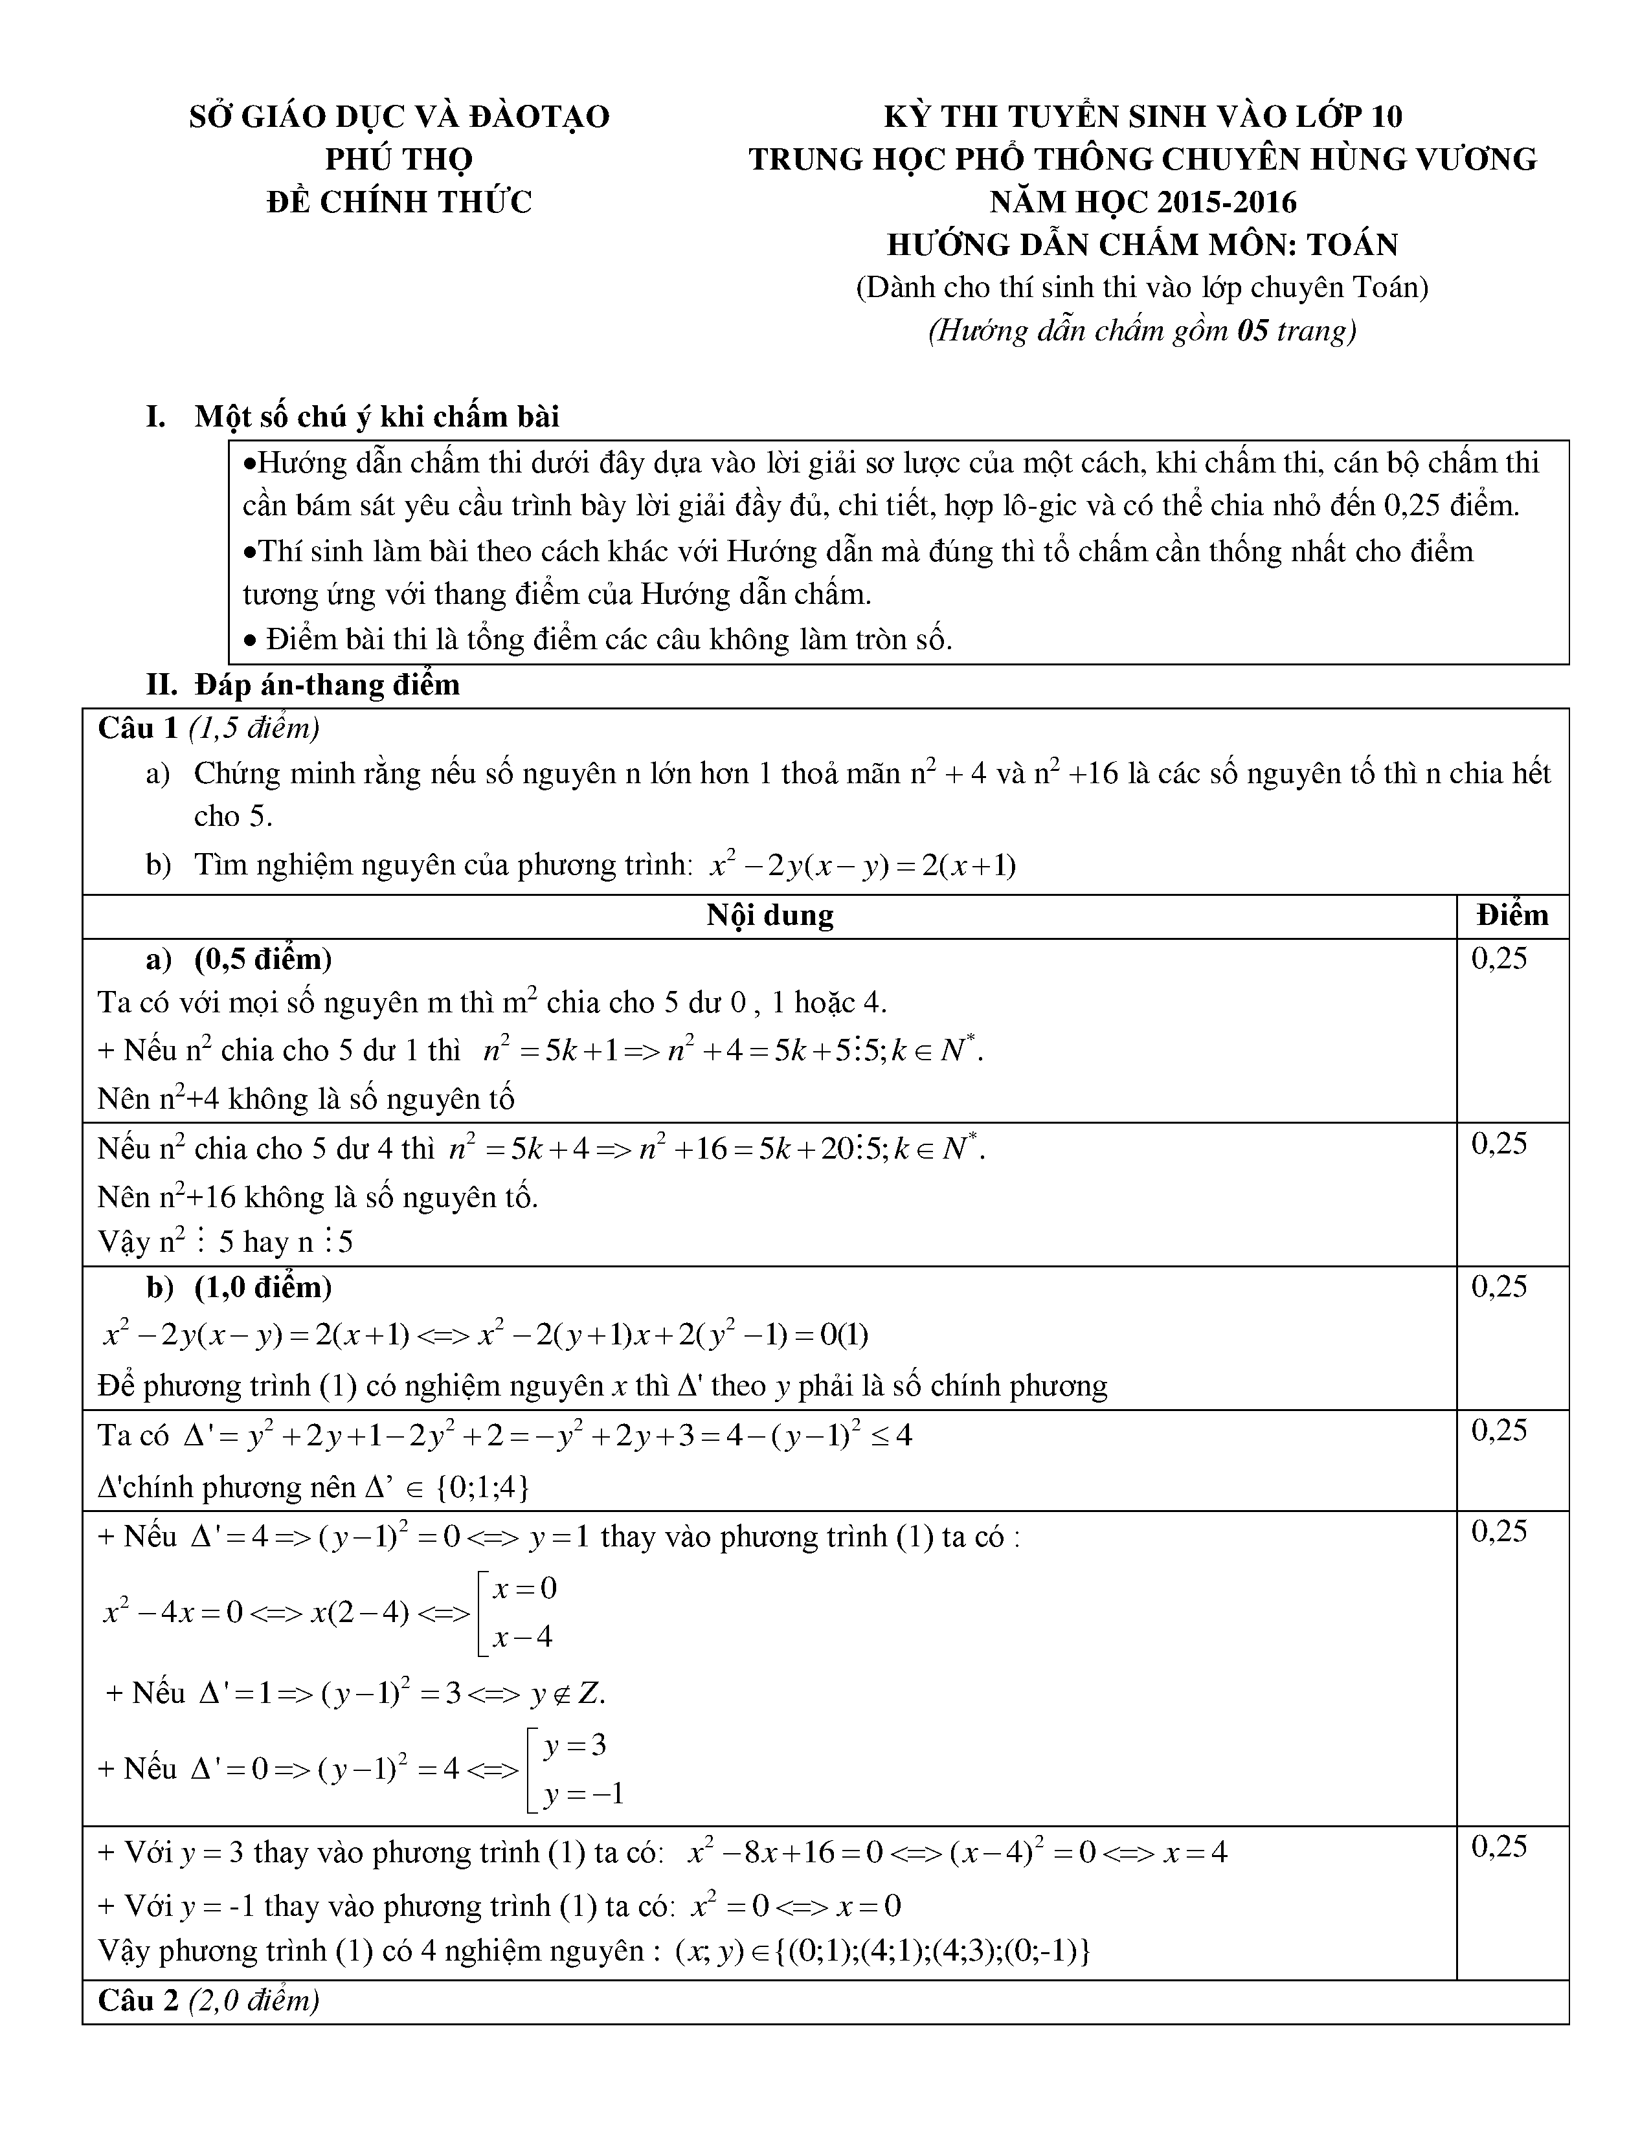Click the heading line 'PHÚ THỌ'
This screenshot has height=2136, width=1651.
coord(399,159)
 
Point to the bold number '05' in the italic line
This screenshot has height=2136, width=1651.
coord(1253,331)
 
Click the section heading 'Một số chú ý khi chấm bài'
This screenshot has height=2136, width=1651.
coord(377,417)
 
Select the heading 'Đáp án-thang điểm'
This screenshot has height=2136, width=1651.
coord(327,685)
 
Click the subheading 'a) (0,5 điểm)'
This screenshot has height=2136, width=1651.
coord(240,959)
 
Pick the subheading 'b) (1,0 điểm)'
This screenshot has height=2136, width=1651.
coord(240,1287)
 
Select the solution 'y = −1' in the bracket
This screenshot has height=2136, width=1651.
coord(583,1793)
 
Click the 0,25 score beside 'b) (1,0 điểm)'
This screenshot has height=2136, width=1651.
coord(1498,1287)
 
